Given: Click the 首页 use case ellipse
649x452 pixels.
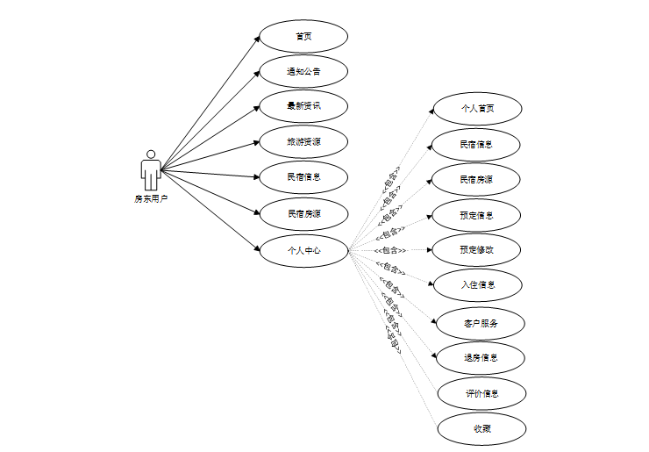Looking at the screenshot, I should [x=303, y=36].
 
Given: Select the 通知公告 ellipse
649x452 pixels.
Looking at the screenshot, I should [x=303, y=71].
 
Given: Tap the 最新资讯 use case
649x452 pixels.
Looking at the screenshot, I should [x=303, y=106].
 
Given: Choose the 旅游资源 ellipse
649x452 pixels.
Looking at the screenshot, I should [x=303, y=141].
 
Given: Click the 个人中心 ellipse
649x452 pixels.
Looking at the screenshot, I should [x=303, y=250].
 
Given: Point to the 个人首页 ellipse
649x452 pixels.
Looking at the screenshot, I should [x=478, y=109].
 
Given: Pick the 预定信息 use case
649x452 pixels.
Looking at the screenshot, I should [x=477, y=215].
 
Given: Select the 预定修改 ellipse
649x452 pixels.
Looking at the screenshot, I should [x=477, y=249].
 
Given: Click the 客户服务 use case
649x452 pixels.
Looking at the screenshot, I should [x=481, y=323].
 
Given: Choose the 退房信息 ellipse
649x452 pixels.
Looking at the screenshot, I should [x=481, y=358].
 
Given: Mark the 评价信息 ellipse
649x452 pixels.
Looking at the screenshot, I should [x=482, y=393].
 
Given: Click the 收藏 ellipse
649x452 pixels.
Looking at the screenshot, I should [x=482, y=428].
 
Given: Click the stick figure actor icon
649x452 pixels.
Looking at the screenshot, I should [x=151, y=170].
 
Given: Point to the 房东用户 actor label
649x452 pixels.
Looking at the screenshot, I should [x=151, y=199].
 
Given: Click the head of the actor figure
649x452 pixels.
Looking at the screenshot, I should [x=151, y=154].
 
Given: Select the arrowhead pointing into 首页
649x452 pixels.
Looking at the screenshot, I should [x=256, y=37].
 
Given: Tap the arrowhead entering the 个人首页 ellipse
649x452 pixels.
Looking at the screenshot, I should [x=430, y=111].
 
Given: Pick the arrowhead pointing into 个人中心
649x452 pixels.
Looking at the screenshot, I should [x=256, y=248].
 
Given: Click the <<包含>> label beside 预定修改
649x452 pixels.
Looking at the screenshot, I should [x=389, y=250].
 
